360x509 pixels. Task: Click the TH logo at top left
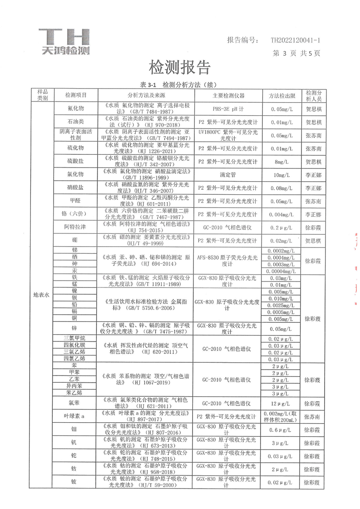point(64,41)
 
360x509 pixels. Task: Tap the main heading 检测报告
point(180,67)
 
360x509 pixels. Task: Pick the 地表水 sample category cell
point(43,295)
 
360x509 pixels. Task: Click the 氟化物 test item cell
point(75,109)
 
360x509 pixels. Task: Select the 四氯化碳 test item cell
point(75,345)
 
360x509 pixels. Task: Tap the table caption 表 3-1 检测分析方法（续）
point(180,85)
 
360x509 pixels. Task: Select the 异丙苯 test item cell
point(75,385)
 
